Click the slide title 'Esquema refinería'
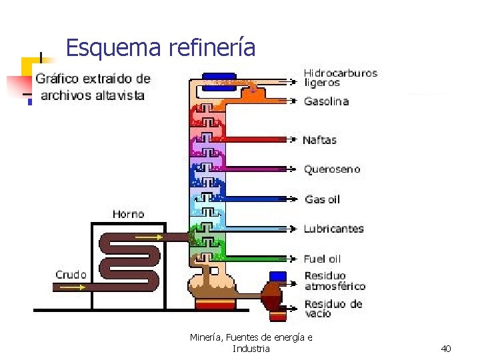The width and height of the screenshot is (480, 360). (x=161, y=48)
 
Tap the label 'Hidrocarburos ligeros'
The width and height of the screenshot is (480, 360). (x=340, y=77)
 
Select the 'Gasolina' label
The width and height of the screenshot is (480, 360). (x=326, y=101)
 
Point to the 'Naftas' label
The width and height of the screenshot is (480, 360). (x=320, y=140)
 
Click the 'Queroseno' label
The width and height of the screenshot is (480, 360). (x=332, y=169)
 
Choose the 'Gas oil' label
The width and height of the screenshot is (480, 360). (x=322, y=199)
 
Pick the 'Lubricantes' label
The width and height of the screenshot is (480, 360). (x=333, y=229)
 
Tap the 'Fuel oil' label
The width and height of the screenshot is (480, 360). (x=322, y=259)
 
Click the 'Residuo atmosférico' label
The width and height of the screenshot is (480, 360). (x=335, y=281)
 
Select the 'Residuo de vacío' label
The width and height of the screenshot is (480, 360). (x=333, y=308)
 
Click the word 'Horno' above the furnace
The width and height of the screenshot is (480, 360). (x=128, y=214)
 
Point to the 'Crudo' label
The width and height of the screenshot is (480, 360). (x=70, y=275)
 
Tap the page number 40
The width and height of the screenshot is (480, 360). (x=446, y=349)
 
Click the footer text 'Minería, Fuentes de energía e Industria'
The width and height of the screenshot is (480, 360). (x=251, y=343)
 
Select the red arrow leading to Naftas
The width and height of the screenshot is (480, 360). (x=260, y=140)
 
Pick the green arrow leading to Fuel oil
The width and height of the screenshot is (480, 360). (x=260, y=259)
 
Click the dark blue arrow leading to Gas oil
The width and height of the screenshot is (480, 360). (x=260, y=199)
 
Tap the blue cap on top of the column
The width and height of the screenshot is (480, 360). (x=219, y=77)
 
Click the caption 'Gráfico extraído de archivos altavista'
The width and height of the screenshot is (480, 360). (x=93, y=87)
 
